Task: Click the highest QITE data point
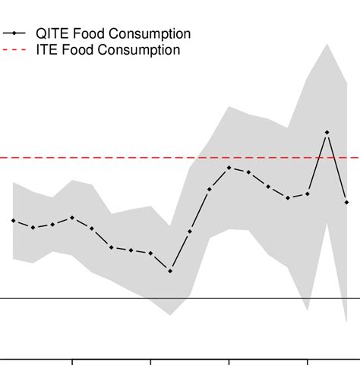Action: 327,133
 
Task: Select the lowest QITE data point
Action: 170,271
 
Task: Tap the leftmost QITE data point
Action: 13,220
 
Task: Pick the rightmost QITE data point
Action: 346,202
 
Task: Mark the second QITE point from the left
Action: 33,228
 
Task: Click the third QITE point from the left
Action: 52,225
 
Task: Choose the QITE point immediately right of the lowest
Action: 190,231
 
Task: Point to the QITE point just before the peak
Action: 308,194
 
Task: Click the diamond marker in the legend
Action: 14,34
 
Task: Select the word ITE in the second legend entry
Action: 47,51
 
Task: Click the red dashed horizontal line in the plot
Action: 114,158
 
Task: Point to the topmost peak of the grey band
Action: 327,44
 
